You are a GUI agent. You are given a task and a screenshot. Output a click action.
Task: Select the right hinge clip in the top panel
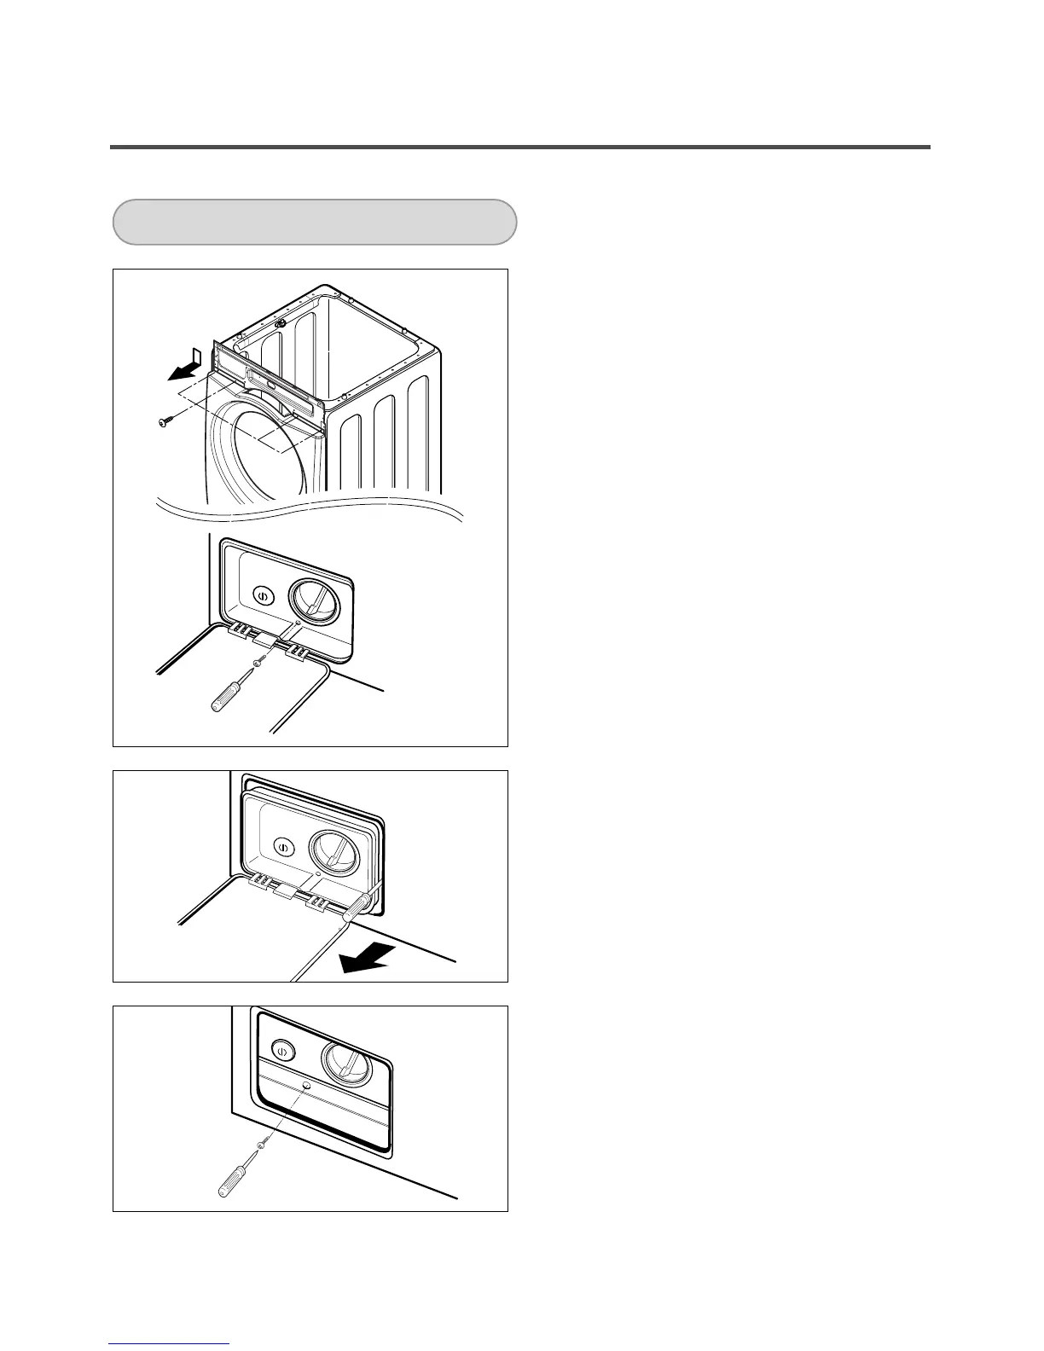point(298,652)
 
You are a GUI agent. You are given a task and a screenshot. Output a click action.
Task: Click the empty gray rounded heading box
point(315,222)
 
